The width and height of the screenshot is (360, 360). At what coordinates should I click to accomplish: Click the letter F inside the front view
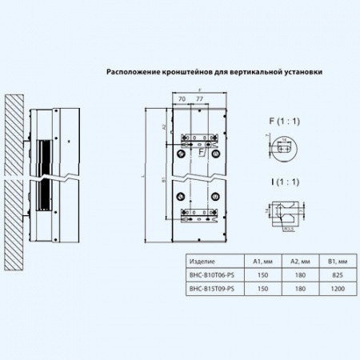click(x=201, y=150)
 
